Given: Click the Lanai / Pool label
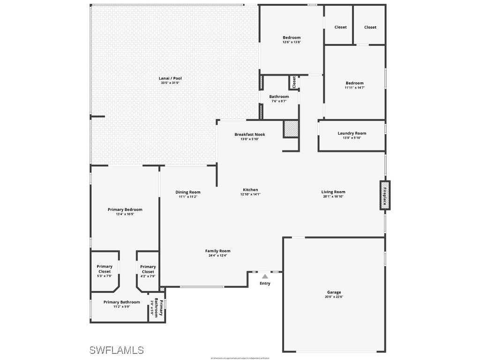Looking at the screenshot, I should tap(170, 78).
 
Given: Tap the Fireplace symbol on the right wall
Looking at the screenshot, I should tap(384, 195).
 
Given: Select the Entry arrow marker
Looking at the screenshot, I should tap(265, 277).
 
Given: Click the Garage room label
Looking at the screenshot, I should tap(334, 292).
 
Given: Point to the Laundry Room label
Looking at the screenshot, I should tap(352, 133).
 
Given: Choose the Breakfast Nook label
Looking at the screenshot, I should tap(250, 135).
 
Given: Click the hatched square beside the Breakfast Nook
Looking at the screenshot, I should tap(291, 129).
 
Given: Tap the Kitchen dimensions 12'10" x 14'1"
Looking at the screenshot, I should tap(250, 194).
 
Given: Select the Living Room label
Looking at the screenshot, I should tap(333, 192).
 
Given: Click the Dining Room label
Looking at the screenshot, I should tap(188, 192).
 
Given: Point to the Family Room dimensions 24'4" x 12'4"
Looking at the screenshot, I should tap(217, 255).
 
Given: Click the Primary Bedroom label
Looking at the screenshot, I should tap(125, 210).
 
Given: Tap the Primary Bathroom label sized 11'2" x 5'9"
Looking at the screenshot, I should tap(121, 302).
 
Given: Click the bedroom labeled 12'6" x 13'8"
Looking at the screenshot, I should tap(292, 37).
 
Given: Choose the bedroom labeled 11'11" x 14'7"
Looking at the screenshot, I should tap(354, 83).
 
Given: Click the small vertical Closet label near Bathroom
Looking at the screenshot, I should tap(294, 82).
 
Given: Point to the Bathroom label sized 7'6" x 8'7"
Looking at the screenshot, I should tap(279, 97).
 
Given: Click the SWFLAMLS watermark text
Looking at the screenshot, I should tap(116, 350).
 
